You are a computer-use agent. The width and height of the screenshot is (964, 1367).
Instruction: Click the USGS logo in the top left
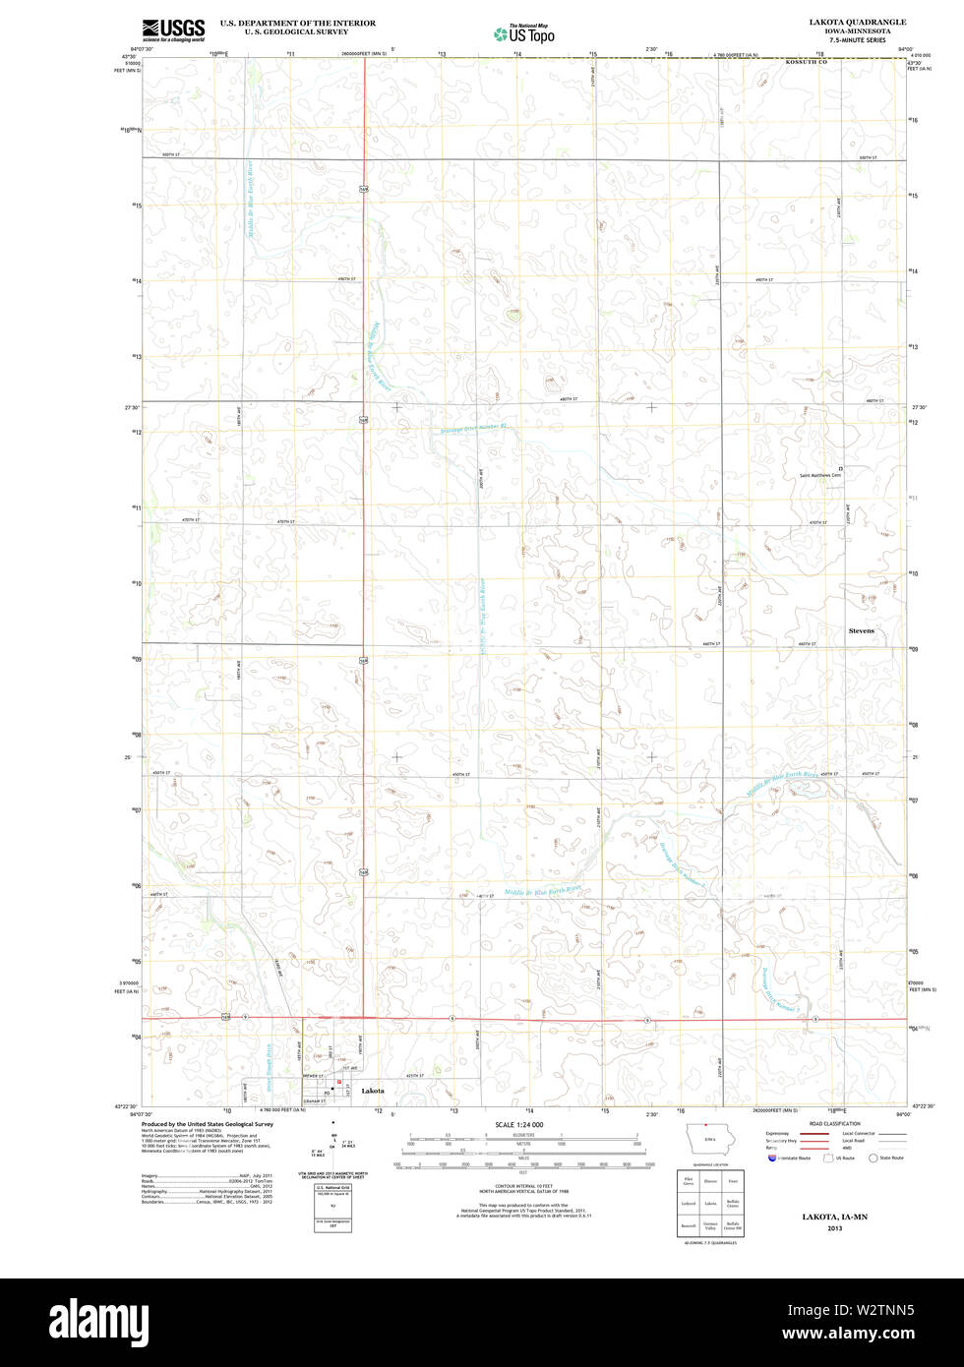point(173,29)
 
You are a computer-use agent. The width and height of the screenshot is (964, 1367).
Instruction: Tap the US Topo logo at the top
point(524,33)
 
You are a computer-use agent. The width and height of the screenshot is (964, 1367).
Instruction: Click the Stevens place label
point(861,630)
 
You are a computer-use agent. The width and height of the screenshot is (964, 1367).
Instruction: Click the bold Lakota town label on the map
point(373,1092)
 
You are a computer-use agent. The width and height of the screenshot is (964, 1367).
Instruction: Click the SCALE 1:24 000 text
point(518,1124)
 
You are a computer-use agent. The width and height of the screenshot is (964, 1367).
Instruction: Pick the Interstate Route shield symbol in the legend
point(771,1158)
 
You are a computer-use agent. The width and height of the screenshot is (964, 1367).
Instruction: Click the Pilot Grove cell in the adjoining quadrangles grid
point(688,1180)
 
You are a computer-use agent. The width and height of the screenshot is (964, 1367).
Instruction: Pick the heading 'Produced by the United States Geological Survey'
point(207,1123)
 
